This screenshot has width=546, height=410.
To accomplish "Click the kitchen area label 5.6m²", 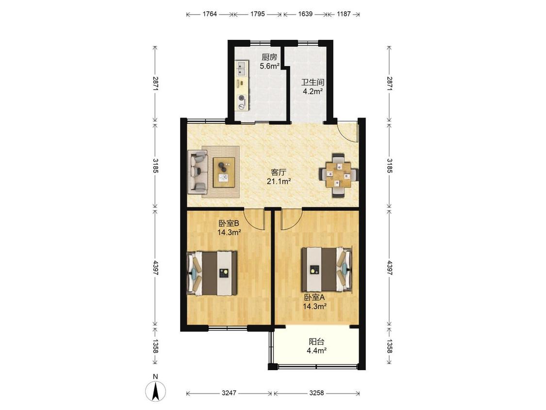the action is [x=269, y=66].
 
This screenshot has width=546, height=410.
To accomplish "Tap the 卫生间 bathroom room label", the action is [x=313, y=83].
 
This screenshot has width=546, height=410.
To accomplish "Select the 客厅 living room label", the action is [x=279, y=172].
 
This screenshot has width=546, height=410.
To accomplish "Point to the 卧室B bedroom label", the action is [x=229, y=223].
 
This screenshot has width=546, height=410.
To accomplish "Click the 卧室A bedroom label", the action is [x=314, y=297].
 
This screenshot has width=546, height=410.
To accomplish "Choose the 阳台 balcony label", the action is [x=316, y=342].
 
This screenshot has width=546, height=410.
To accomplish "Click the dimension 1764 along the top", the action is [x=210, y=14].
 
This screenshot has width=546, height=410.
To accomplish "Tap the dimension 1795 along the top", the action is [x=258, y=14].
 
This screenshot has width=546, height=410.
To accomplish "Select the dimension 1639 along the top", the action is [x=305, y=14].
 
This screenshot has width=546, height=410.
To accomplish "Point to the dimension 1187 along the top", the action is [x=344, y=14].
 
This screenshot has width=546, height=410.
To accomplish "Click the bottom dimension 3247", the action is [x=229, y=393].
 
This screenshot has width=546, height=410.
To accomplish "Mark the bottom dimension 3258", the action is [x=316, y=393].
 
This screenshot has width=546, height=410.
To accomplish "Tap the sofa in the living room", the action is [x=198, y=171].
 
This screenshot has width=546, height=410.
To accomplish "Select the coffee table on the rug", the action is [x=224, y=172].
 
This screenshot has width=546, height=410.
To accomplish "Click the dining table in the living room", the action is [x=339, y=175].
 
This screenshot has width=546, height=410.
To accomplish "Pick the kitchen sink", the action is [x=241, y=68].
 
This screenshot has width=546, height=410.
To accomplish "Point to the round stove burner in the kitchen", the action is [x=241, y=98].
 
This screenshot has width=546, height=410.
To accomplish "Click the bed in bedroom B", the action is [x=212, y=273].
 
